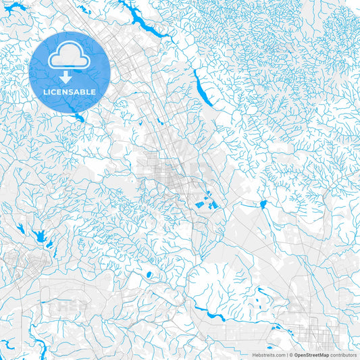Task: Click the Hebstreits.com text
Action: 267,354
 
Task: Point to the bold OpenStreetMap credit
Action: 311,354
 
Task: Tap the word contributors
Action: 343,354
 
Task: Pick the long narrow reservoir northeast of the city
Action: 201,87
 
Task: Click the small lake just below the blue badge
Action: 80,116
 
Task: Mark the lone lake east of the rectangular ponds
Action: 262,204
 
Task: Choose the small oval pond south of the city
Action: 148,274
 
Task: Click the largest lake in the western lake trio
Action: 39,236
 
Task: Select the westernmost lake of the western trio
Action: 20,228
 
